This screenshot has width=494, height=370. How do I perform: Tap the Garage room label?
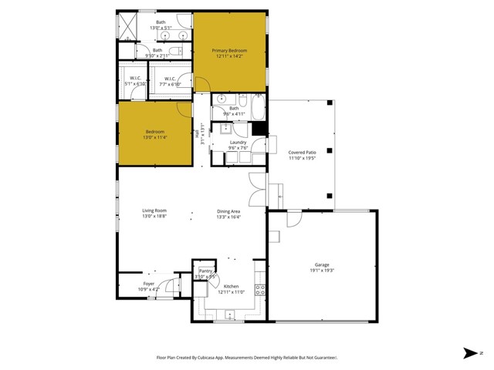(x=322, y=264)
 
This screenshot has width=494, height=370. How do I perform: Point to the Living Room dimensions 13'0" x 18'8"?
(x=154, y=217)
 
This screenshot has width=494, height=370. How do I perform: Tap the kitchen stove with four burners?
(x=260, y=290)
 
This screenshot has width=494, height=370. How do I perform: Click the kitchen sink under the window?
(x=229, y=314)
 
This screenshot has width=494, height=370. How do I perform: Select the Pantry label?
(x=205, y=271)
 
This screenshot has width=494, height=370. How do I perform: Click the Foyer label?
(x=149, y=284)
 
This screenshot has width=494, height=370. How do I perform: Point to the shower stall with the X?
(x=127, y=26)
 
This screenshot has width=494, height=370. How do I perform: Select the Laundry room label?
(x=239, y=143)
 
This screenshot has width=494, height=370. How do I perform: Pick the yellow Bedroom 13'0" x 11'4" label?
(x=155, y=132)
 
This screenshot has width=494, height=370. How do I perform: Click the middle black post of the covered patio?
(x=330, y=151)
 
